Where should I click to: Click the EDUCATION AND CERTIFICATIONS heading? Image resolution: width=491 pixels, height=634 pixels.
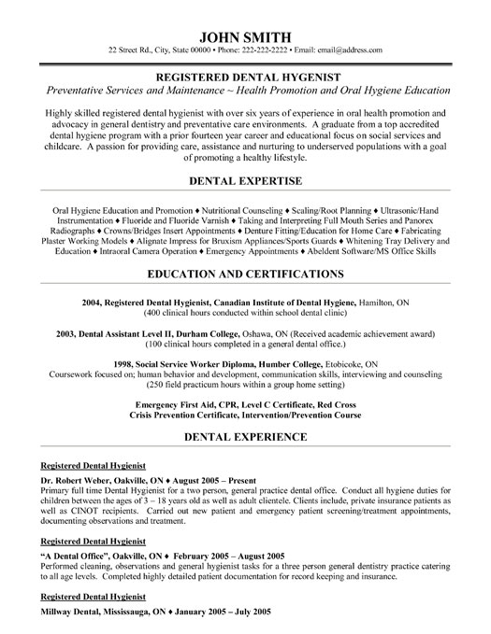point(245,275)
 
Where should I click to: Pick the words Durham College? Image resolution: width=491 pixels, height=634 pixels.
point(225,332)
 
